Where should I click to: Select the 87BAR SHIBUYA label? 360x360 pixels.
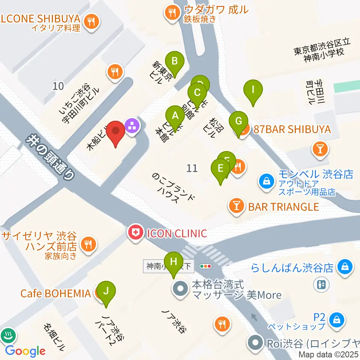(x=292, y=130)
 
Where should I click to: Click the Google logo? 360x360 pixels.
(x=25, y=351)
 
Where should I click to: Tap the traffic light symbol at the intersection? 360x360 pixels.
(x=206, y=266)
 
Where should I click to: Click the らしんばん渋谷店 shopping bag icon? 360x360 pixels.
(x=343, y=267)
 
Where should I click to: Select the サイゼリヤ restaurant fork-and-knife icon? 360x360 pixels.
(x=88, y=245)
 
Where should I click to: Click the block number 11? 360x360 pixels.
(x=192, y=168)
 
